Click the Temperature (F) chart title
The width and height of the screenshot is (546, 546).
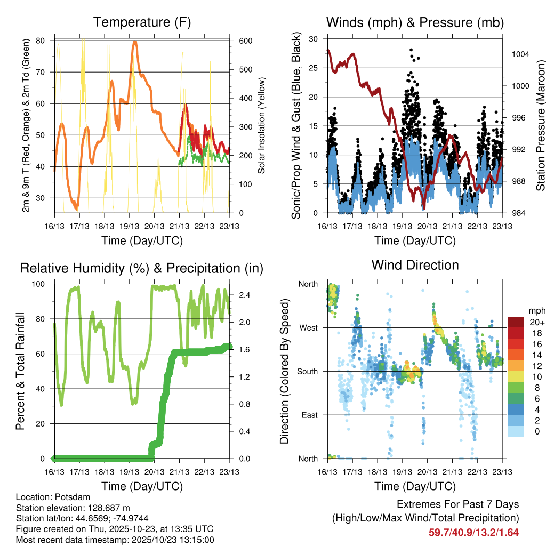(142, 22)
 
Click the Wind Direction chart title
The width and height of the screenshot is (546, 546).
(415, 265)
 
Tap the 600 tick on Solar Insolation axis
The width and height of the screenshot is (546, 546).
(240, 41)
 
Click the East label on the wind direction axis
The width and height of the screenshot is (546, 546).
(309, 415)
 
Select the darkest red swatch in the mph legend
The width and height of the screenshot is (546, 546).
(516, 322)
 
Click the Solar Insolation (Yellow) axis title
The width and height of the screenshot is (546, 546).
(262, 126)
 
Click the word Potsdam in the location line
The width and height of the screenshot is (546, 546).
(66, 496)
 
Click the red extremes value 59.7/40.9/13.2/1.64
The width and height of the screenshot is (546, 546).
(473, 532)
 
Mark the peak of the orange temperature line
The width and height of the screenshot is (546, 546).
(135, 42)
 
